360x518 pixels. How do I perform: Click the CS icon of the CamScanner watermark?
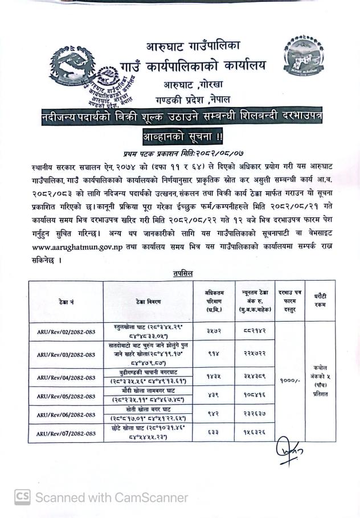click(23, 497)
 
